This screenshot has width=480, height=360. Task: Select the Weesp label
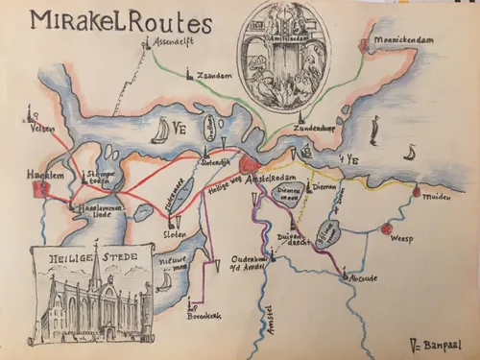(407, 244)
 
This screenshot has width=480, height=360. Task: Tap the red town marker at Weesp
(386, 230)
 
